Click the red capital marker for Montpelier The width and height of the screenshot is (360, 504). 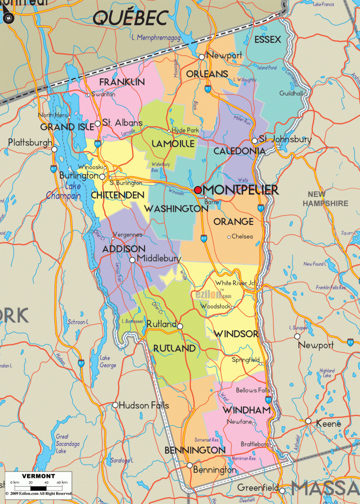[198, 190]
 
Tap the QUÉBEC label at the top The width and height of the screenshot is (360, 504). [130, 18]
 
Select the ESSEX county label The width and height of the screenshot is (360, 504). [268, 40]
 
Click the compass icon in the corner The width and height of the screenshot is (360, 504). [8, 19]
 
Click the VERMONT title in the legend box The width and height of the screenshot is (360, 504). [38, 476]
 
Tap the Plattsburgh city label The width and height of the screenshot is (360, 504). [30, 143]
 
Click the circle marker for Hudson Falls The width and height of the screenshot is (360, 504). [116, 405]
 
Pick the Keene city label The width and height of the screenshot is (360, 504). [329, 423]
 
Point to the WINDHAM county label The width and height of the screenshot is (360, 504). [246, 409]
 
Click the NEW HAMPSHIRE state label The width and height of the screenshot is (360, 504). [325, 199]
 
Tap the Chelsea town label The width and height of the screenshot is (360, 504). [242, 237]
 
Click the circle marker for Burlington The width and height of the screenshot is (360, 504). [102, 176]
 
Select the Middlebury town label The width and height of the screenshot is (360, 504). [159, 258]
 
